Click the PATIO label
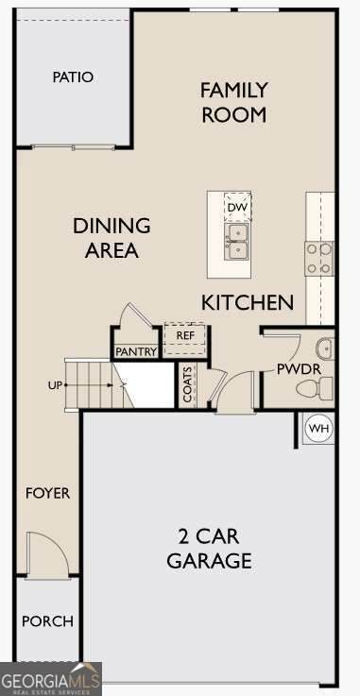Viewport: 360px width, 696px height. tap(73, 77)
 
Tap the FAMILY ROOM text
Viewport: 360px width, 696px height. tap(234, 103)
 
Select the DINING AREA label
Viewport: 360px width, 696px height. tap(111, 238)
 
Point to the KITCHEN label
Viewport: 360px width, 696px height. tap(248, 303)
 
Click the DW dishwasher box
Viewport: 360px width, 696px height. tap(237, 208)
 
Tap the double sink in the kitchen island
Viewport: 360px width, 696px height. tap(237, 242)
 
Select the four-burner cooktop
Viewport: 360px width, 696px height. tap(318, 259)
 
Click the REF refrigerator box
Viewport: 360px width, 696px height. tap(185, 339)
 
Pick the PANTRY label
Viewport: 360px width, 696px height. tap(136, 352)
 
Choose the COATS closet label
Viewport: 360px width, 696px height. tap(188, 384)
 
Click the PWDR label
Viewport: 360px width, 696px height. tap(299, 369)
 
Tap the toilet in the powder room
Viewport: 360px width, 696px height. tap(315, 388)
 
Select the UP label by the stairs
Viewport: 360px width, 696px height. tap(55, 385)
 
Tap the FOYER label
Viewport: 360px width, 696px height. tap(47, 493)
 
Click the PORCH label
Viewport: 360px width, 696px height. tap(47, 621)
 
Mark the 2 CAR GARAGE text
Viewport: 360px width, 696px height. tap(209, 548)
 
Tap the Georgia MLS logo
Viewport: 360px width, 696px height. tap(51, 679)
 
